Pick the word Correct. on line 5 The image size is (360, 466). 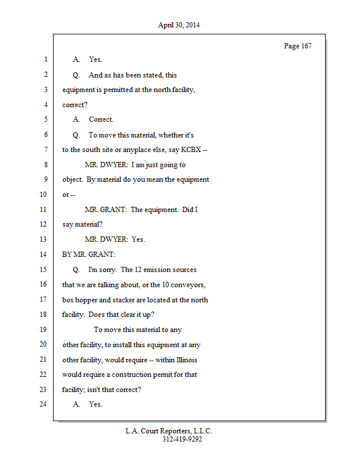click(x=101, y=119)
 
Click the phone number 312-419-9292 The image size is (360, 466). click(x=182, y=439)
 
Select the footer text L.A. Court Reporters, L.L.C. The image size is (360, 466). click(x=169, y=431)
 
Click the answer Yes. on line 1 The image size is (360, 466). click(x=96, y=59)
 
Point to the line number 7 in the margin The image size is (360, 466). click(x=45, y=150)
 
